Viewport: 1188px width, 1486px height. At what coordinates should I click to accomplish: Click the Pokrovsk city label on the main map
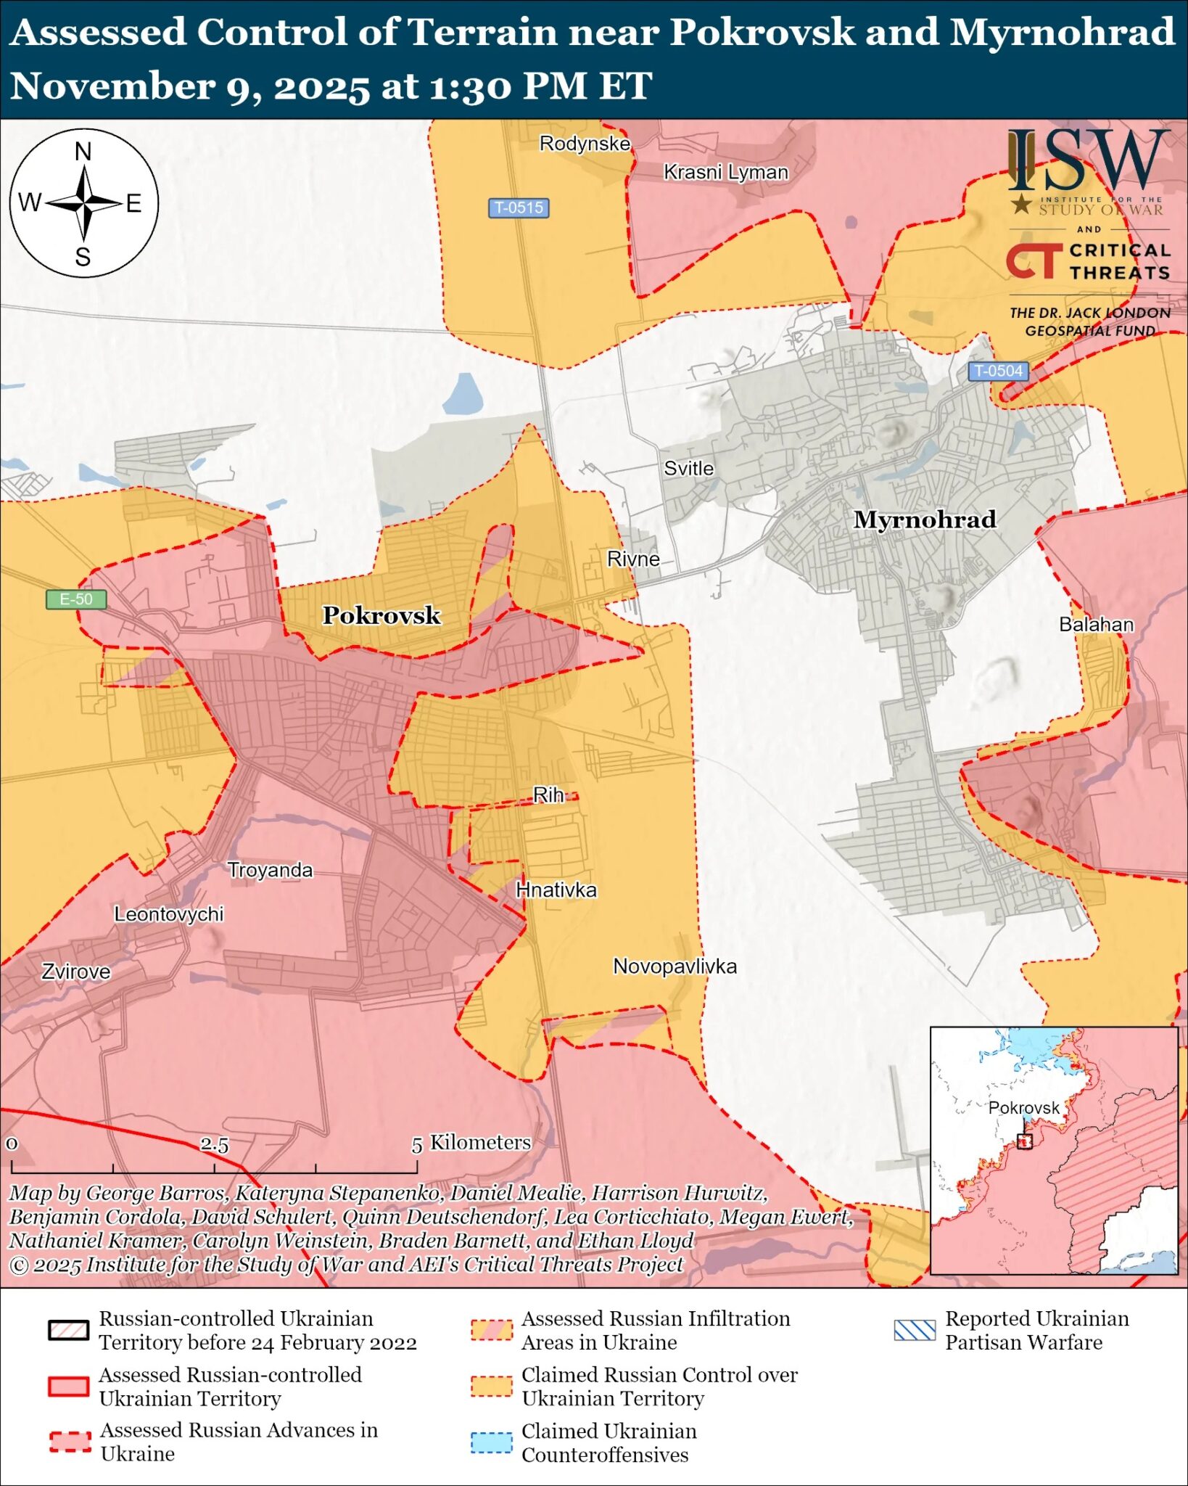(381, 615)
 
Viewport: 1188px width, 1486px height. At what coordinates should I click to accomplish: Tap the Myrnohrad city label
(924, 520)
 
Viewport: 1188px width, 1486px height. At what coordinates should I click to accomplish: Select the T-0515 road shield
(518, 208)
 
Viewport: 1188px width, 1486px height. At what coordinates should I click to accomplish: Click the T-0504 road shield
(998, 371)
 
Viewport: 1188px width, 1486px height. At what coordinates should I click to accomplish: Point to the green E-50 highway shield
(76, 599)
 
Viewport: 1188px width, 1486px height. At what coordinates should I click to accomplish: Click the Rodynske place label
(585, 144)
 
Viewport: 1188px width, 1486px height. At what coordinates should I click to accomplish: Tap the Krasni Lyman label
(725, 172)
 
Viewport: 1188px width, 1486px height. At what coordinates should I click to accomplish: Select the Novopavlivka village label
(675, 966)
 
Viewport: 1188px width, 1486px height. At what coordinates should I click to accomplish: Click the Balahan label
(1096, 624)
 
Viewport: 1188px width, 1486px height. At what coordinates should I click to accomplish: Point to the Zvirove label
(75, 972)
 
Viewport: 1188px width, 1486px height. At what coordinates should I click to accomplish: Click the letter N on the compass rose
(83, 152)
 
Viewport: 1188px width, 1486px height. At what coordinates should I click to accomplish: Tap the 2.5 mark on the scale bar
(214, 1145)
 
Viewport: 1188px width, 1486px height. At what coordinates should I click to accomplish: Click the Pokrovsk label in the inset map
(1023, 1108)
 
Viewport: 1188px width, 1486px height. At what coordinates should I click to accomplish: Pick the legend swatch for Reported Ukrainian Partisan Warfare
(915, 1330)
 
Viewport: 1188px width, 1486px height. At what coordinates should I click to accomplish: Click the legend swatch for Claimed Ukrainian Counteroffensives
(491, 1442)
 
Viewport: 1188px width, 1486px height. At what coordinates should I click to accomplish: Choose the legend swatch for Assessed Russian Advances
(70, 1442)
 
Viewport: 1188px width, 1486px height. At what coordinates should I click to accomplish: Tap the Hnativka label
(556, 890)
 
